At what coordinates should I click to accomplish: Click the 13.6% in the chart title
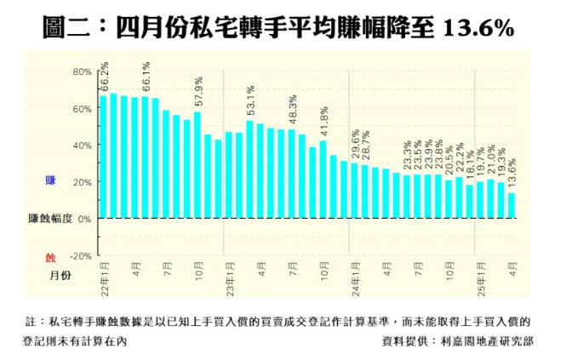(479, 29)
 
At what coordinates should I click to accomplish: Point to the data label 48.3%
(293, 110)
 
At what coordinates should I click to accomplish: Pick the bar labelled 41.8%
(323, 179)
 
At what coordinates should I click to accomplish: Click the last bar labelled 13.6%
(511, 205)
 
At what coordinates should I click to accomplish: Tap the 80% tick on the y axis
(82, 71)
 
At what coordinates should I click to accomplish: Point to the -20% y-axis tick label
(80, 255)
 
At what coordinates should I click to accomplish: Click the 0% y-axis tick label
(84, 219)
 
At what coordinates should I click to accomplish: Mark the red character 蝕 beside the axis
(50, 255)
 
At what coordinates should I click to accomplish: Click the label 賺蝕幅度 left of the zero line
(50, 219)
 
